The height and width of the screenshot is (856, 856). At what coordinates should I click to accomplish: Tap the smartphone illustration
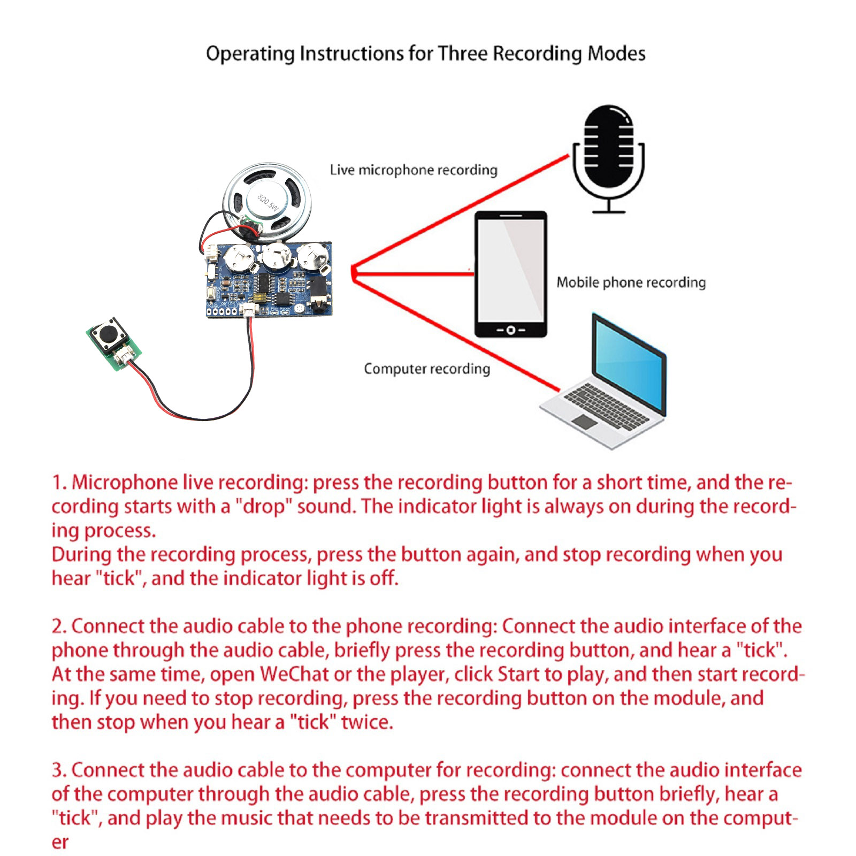[x=511, y=273]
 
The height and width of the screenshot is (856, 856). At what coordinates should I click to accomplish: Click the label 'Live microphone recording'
[x=413, y=170]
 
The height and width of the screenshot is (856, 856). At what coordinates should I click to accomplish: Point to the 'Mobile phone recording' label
[x=631, y=282]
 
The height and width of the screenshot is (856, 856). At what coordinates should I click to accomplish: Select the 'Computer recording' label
[x=426, y=369]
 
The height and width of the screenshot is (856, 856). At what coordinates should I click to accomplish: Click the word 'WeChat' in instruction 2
[x=294, y=674]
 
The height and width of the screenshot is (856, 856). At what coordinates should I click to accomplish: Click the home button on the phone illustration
[x=510, y=330]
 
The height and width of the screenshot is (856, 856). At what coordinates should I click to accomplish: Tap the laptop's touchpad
[x=584, y=422]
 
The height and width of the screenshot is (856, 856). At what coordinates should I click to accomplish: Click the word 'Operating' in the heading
[x=250, y=54]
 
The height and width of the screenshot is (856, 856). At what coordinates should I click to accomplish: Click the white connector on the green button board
[x=124, y=355]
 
